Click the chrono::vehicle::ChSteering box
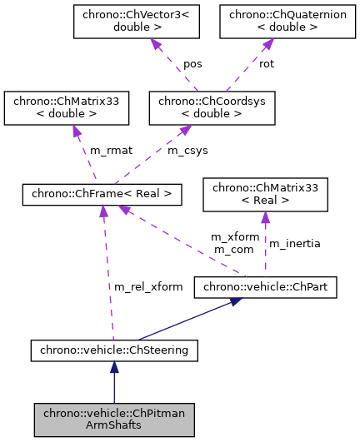coord(114,350)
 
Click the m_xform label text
coord(229,237)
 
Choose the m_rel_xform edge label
coord(148,287)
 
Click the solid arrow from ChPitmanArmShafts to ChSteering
coord(114,383)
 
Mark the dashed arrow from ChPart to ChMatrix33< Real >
coord(265,246)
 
